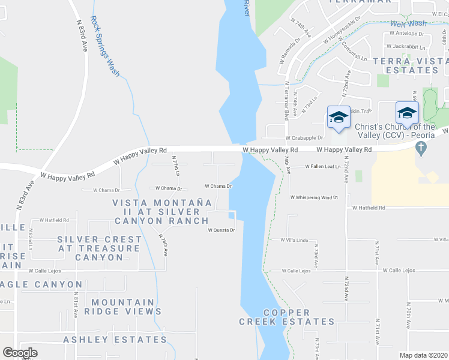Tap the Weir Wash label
coord(408,23)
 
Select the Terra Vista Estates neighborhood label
coord(410,65)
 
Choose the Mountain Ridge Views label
coord(123,307)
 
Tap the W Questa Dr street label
coord(220,230)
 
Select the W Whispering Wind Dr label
coord(314,197)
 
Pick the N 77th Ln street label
coord(176,166)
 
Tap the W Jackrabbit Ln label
coord(406,46)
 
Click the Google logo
coord(20,353)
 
